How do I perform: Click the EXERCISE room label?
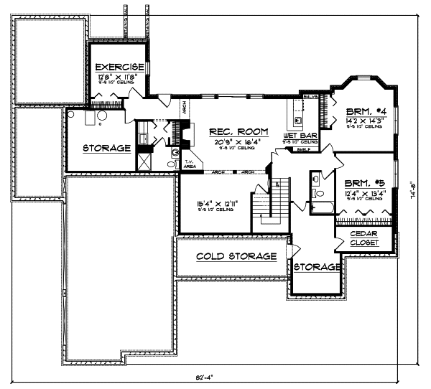(x=120, y=66)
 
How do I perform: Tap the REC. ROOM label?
(x=238, y=132)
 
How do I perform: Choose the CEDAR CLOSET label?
(x=365, y=238)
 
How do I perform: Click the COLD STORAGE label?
(x=236, y=256)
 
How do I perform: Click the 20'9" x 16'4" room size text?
(x=238, y=142)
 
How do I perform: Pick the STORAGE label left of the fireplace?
(x=106, y=149)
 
